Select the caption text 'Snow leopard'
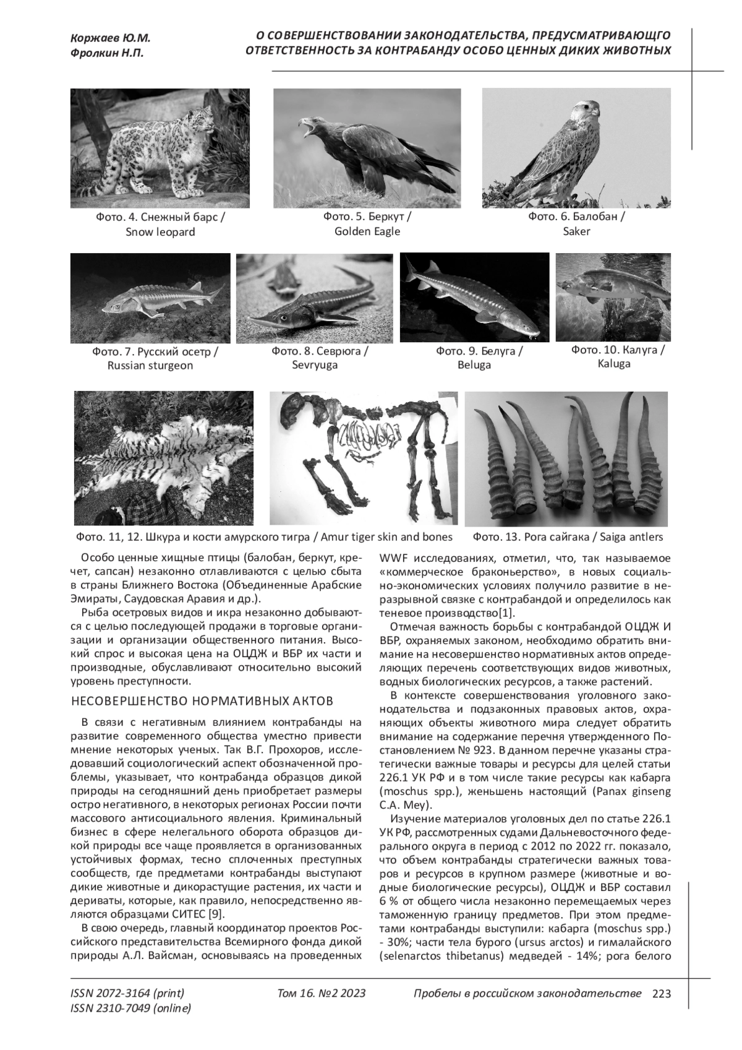[160, 232]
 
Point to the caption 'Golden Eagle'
[367, 231]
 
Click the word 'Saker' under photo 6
[576, 231]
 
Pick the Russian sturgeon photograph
[150, 298]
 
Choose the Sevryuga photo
[314, 298]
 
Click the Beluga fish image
[474, 297]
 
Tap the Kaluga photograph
[613, 297]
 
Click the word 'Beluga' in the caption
[474, 365]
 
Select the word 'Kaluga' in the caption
[614, 364]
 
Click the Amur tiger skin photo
[164, 457]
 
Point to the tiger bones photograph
[364, 457]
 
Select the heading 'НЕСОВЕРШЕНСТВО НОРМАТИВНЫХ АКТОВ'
[203, 701]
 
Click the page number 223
[662, 994]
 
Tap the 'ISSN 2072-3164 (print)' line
[127, 994]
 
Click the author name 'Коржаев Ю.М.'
[111, 38]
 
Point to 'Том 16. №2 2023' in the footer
[322, 994]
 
